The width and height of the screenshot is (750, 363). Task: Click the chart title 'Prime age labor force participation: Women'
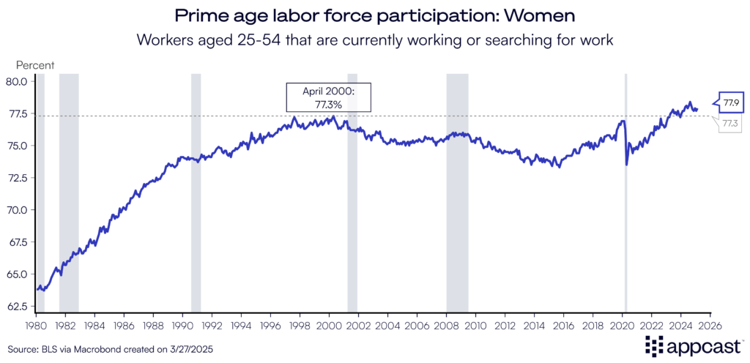tap(374, 15)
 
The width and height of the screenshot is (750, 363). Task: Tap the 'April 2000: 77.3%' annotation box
tap(329, 97)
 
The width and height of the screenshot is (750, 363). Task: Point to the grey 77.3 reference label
tap(729, 124)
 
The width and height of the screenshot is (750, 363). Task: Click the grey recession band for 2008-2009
tap(457, 220)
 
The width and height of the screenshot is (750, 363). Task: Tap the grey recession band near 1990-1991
tap(196, 220)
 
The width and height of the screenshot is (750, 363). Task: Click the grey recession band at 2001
tap(352, 220)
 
